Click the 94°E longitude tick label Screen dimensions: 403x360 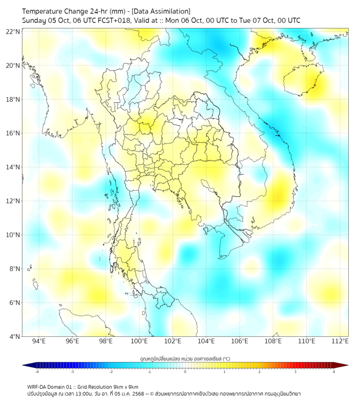click(x=39, y=341)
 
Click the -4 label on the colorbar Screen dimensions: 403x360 click(x=36, y=372)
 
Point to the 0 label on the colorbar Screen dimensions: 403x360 click(x=185, y=372)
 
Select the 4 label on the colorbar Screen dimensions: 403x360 click(x=334, y=372)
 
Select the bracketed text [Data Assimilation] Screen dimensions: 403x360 click(x=160, y=11)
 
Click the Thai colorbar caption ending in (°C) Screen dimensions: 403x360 click(x=185, y=358)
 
